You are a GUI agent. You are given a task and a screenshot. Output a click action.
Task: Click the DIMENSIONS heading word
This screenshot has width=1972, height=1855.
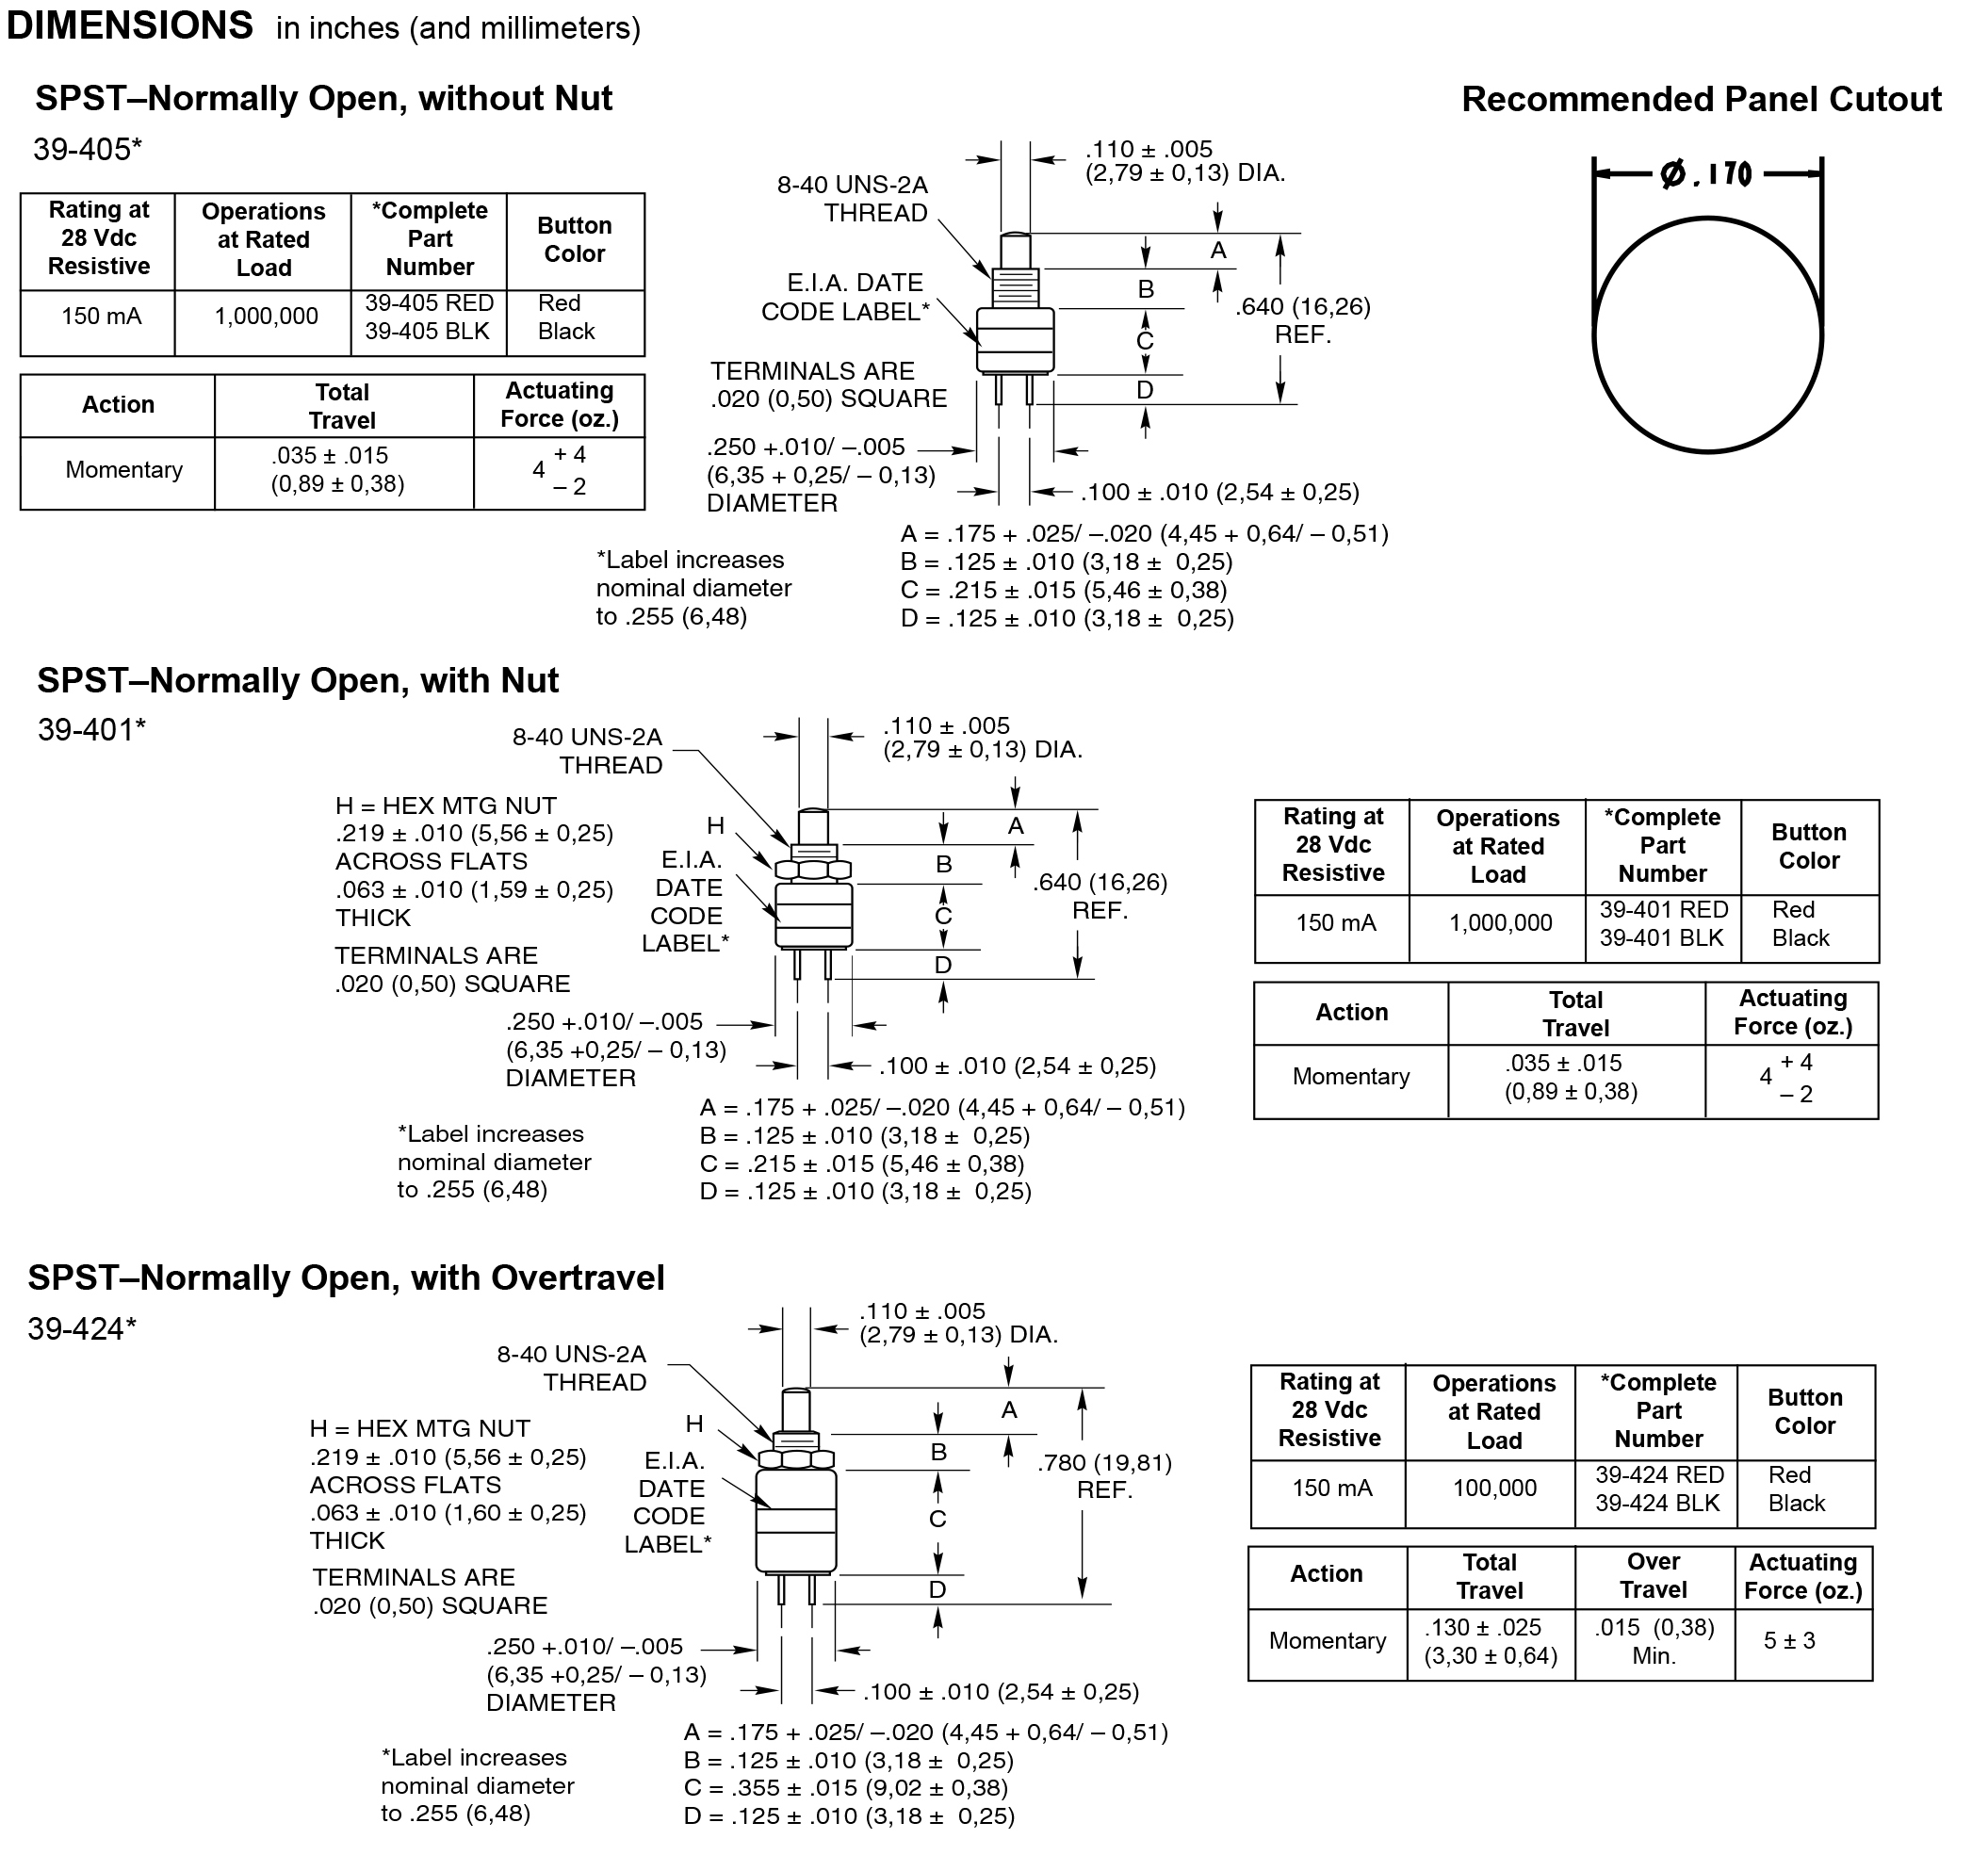(130, 25)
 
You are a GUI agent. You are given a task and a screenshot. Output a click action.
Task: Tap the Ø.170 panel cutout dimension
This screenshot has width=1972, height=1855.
(1706, 174)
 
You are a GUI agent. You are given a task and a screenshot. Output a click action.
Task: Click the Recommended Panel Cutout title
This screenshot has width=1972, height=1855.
(1702, 99)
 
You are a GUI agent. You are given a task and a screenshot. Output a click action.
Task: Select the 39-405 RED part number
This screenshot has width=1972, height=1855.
(429, 303)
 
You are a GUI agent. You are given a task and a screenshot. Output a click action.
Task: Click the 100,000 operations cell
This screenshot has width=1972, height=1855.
(1494, 1488)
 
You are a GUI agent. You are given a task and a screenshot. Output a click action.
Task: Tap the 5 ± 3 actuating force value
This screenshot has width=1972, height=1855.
(1788, 1641)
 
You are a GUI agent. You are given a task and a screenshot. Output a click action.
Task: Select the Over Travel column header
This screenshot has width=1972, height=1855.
(1653, 1575)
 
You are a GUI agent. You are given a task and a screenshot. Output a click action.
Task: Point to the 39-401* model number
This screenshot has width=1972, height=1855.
(91, 730)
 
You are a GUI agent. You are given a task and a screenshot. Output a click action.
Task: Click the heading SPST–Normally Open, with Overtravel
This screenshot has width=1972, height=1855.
(346, 1277)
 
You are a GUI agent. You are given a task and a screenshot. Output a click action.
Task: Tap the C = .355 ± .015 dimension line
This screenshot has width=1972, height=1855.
(845, 1788)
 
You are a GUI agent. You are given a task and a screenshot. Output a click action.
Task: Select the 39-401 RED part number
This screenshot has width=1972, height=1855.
(1664, 910)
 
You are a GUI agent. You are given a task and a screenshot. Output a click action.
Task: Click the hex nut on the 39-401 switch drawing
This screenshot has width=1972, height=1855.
(813, 870)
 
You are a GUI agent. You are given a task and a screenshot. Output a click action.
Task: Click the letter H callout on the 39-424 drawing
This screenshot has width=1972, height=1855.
(694, 1424)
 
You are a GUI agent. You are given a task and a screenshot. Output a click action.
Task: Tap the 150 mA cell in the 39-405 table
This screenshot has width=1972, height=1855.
(101, 317)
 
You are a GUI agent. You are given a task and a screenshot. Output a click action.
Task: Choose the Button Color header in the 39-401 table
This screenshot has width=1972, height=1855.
(1808, 846)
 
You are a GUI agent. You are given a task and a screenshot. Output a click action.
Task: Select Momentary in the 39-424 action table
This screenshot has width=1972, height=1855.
(1328, 1641)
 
